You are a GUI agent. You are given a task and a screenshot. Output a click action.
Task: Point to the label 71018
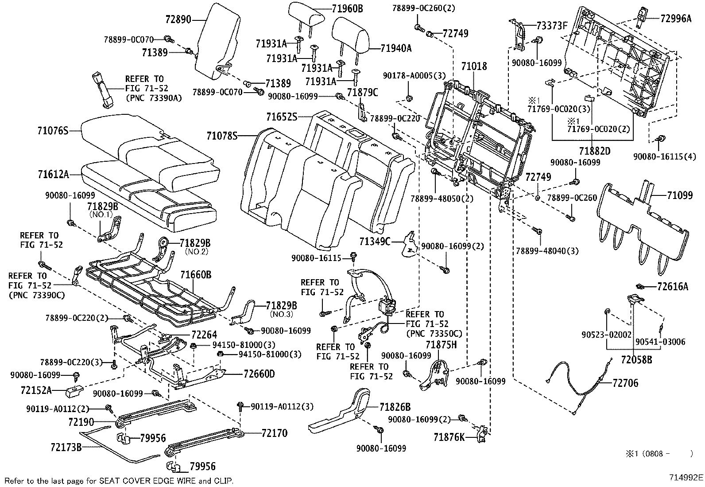[x=474, y=66]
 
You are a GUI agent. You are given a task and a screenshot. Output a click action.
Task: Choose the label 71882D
[x=595, y=151]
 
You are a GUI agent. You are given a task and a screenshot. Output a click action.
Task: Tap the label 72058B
[x=636, y=359]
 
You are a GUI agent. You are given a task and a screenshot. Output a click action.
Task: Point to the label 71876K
[x=449, y=438]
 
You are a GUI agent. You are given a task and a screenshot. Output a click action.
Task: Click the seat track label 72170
[x=274, y=433]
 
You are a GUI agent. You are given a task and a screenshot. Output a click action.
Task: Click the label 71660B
[x=195, y=275]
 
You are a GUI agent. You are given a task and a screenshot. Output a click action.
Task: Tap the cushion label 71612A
[x=53, y=175]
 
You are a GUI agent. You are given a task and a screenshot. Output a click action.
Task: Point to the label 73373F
[x=552, y=25]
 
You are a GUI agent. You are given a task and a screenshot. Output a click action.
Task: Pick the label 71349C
[x=375, y=241]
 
